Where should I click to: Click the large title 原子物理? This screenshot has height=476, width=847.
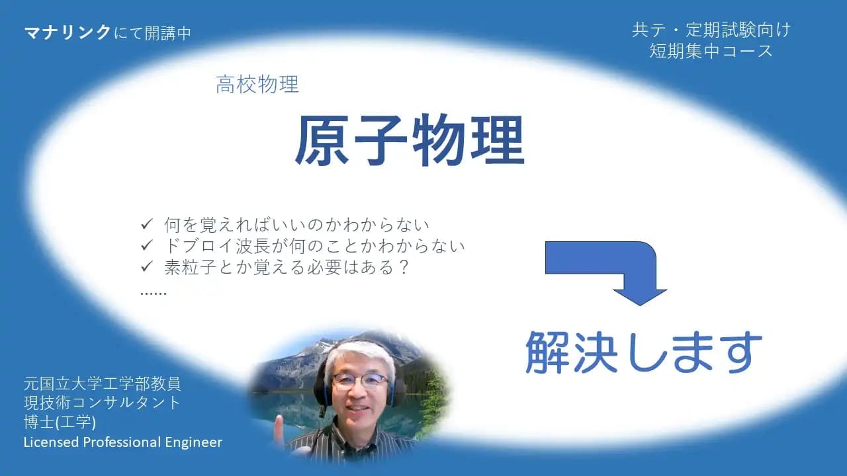pos(410,140)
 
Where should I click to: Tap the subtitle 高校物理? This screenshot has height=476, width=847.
pos(257,84)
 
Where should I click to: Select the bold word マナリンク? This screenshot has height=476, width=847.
pos(67,32)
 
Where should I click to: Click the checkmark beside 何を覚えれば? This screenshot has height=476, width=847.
pos(146,224)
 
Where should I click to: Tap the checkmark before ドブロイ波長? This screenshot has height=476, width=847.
pos(146,245)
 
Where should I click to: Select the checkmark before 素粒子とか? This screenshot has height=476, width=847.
pos(146,266)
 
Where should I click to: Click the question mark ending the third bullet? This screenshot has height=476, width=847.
pos(404,267)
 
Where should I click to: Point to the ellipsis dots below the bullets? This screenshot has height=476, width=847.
pos(153,293)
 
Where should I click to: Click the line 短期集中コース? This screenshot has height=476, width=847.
pos(711,51)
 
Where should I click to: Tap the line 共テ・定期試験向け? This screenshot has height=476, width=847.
pos(711,30)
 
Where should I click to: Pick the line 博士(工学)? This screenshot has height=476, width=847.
pos(60,422)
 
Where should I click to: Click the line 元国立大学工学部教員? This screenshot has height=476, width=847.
pos(103,384)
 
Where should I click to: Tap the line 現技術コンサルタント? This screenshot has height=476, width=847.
pos(102,403)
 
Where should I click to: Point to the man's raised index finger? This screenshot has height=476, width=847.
pos(279,424)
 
